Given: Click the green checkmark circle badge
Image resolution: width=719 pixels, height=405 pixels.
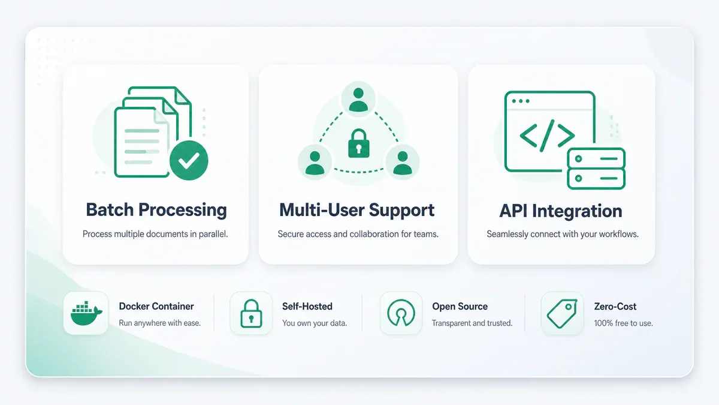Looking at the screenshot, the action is pos(189,160).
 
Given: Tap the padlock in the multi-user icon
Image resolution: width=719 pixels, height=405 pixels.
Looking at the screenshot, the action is pos(358,143).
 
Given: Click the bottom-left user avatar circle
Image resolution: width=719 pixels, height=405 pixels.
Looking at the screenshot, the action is pos(315,163).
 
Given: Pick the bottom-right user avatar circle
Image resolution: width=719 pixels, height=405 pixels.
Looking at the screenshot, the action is pos(402,163).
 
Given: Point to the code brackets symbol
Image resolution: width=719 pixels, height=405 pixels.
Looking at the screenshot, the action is pos(547,136).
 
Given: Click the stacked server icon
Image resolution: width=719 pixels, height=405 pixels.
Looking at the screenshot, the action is pos(596,169).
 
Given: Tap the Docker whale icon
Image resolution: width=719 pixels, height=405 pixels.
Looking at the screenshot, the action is pos(86,313).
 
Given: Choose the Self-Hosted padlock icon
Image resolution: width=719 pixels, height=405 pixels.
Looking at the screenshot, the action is pos(251,313).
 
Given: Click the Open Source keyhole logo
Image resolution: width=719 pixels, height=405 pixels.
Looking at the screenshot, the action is pos(401,313).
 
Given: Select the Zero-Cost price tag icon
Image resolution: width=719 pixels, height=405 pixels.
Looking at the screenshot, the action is pos(562,314).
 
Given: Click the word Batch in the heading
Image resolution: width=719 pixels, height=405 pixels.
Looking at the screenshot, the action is pos(110,210).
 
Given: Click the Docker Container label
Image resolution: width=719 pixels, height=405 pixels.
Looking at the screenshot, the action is pos(156,307).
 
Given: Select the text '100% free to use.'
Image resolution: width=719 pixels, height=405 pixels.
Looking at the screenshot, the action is pos(623,323).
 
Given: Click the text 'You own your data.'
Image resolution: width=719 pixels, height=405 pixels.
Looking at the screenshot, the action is pos(315,323).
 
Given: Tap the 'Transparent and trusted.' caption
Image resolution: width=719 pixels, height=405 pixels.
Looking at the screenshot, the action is pos(472,323).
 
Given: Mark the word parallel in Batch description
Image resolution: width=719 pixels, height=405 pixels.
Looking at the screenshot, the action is pos(213,234).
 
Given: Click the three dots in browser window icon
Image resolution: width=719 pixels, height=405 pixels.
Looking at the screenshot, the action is pos(521,101).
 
